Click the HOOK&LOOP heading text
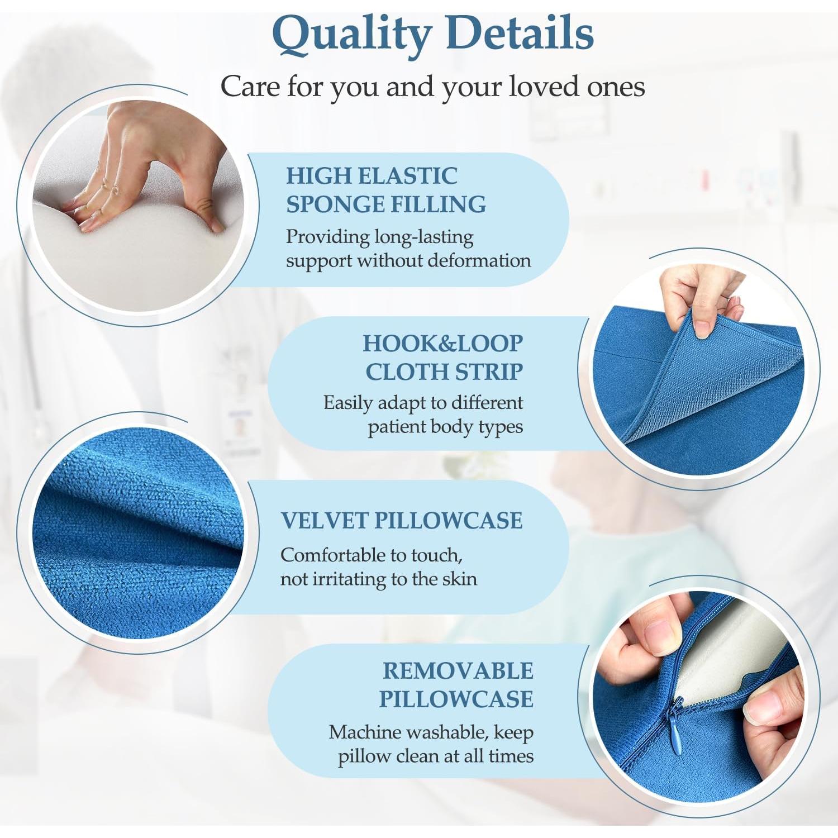click(443, 344)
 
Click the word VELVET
click(323, 521)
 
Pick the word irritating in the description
click(343, 579)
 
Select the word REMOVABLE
click(458, 671)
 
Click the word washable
click(447, 732)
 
